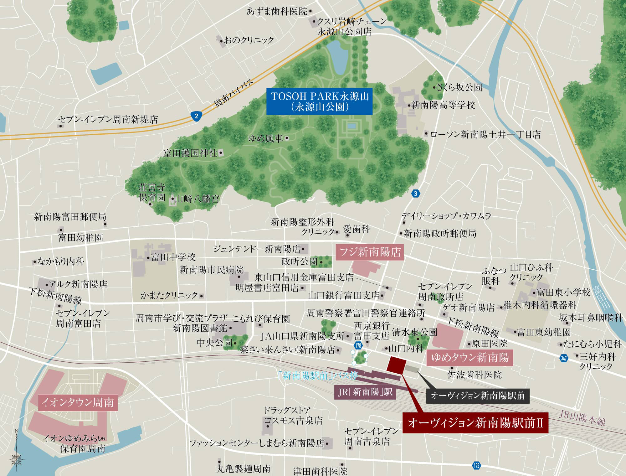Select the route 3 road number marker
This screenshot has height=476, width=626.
click(x=415, y=193)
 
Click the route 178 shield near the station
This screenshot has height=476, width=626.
click(x=359, y=345)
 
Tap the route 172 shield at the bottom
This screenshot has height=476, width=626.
click(x=476, y=466)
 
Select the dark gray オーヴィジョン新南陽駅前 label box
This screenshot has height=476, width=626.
click(x=478, y=396)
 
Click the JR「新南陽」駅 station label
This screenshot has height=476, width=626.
click(x=365, y=392)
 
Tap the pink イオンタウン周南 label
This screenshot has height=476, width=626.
click(x=78, y=402)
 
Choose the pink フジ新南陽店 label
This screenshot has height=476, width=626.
click(x=370, y=252)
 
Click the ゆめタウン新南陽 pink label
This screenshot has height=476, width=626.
click(x=470, y=358)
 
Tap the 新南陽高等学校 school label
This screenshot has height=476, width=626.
click(x=443, y=105)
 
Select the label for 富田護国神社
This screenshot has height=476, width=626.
click(x=190, y=153)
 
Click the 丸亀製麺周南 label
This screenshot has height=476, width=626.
click(x=244, y=469)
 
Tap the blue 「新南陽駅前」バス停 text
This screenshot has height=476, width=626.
click(x=318, y=375)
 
